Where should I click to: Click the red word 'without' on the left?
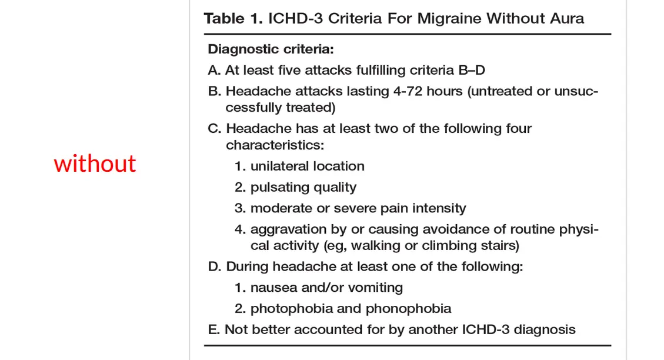[x=95, y=164]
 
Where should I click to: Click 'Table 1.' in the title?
[x=233, y=18]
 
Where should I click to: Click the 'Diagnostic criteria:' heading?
[x=271, y=49]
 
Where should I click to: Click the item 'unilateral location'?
[x=307, y=166]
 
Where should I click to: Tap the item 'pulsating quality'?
[x=303, y=188]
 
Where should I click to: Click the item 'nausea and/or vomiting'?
[x=326, y=288]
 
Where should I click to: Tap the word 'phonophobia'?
[x=409, y=309]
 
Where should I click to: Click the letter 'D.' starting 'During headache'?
[x=215, y=266]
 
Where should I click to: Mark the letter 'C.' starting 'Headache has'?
[x=215, y=129]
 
